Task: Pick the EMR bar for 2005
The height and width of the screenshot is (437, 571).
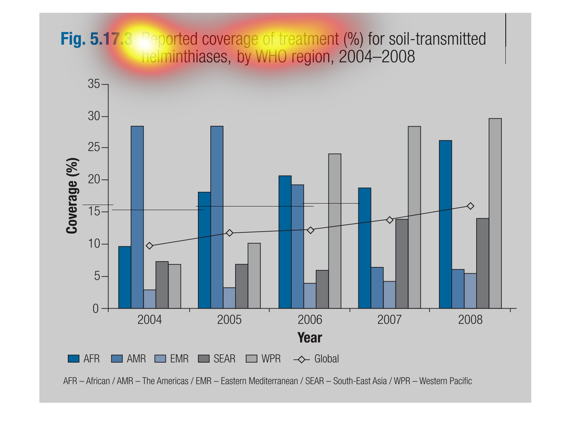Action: [229, 298]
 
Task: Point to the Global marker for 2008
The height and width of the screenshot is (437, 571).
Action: [470, 206]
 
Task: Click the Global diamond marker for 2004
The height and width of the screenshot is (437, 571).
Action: [149, 246]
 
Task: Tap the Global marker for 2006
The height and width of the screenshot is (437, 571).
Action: [310, 230]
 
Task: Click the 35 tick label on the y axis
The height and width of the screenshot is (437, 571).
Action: [94, 84]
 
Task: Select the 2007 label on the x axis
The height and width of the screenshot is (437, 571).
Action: [389, 320]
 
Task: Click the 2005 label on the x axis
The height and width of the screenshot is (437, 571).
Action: [229, 320]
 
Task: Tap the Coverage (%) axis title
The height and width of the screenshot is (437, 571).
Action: [72, 196]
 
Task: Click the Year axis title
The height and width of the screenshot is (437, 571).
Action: [310, 337]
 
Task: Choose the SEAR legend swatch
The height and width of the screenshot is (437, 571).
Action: [204, 359]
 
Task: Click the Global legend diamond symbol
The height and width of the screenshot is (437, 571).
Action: [302, 359]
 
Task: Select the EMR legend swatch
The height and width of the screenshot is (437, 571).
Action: [160, 359]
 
